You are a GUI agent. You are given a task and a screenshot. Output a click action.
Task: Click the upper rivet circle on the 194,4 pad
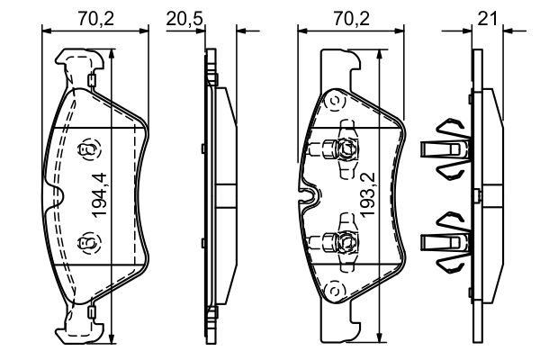(87, 149)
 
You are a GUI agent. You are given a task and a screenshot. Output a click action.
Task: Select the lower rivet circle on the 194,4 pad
(87, 242)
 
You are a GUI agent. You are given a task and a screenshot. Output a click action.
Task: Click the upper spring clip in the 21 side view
(446, 147)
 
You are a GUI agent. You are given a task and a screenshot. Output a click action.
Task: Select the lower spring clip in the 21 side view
(446, 240)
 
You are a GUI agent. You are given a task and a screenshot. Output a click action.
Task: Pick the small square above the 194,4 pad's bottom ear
(93, 310)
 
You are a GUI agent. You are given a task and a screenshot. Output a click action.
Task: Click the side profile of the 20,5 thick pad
(212, 195)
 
